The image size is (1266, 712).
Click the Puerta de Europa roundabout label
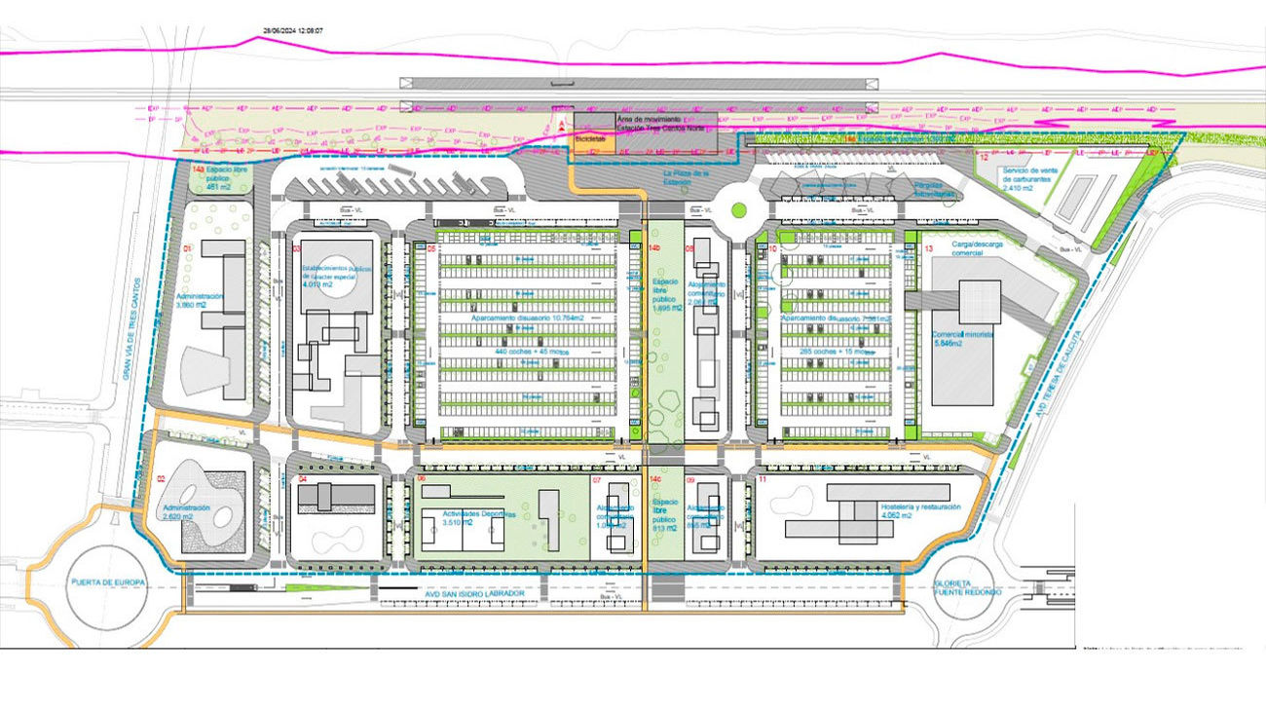coord(107,582)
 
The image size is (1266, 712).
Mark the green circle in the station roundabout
coord(739,208)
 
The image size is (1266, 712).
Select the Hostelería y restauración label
coord(920,510)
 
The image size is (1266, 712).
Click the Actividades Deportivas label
coord(458,516)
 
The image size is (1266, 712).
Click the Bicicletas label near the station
coord(590,139)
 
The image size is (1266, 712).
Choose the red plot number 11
coord(763,479)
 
